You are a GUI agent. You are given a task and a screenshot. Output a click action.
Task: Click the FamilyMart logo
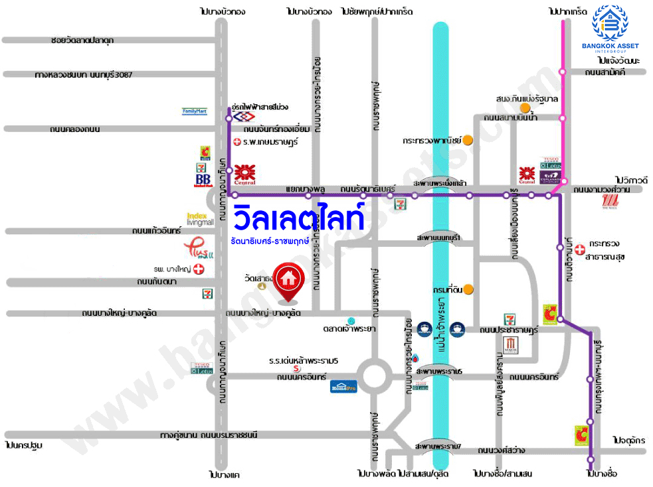point(195,111)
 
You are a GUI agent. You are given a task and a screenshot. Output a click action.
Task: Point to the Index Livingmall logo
point(200,219)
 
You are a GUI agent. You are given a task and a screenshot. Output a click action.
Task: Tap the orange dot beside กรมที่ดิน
point(468,289)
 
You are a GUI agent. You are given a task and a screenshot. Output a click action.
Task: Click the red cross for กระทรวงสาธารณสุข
point(581,250)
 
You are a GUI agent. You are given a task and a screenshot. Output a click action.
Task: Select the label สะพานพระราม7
point(436,445)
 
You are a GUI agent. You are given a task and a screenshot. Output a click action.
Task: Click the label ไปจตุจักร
point(630,440)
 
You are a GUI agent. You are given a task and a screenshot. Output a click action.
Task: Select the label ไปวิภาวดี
point(630,180)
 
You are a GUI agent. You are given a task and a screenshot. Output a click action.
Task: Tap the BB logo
point(202,180)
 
